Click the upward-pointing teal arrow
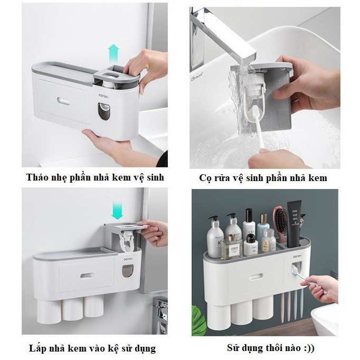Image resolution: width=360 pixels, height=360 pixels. [x=113, y=54]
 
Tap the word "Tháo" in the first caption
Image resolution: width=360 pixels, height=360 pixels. [x=35, y=177]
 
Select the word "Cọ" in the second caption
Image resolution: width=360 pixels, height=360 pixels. [x=204, y=178]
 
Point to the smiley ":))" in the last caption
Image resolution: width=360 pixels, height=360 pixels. [x=308, y=348]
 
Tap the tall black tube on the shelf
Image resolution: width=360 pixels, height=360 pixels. [x=295, y=223]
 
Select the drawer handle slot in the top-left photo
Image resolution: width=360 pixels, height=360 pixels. [x=63, y=101]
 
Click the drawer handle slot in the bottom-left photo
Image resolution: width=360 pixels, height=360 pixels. [x=87, y=276]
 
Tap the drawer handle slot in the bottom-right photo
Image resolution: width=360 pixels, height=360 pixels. [x=256, y=277]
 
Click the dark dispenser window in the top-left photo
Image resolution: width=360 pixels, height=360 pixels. [x=104, y=111]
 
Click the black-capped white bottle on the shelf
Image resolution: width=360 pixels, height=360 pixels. [x=249, y=222]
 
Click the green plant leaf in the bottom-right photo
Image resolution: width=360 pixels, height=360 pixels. [x=198, y=321]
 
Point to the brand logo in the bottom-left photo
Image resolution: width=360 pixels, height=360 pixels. [x=128, y=259]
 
